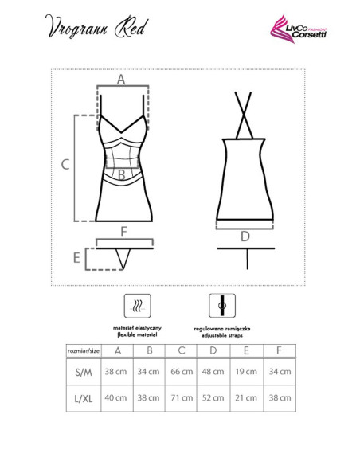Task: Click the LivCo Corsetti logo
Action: [x=299, y=29]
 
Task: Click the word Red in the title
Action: [x=131, y=28]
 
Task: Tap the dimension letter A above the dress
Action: [x=121, y=80]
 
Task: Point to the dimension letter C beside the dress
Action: [x=65, y=164]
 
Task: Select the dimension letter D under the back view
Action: [x=245, y=236]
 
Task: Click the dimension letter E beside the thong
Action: [x=76, y=258]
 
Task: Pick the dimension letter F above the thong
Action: [x=124, y=232]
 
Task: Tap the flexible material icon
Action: [x=137, y=306]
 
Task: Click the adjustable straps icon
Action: [x=222, y=306]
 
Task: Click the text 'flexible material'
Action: [x=137, y=334]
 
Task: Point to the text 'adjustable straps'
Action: [x=222, y=335]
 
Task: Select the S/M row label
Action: [x=84, y=372]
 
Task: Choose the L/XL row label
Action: [x=84, y=398]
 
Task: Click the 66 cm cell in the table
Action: [x=182, y=372]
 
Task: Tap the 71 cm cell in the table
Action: [x=182, y=397]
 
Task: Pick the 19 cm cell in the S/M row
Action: [x=246, y=372]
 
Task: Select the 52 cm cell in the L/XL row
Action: [x=213, y=397]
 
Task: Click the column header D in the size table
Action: [x=213, y=350]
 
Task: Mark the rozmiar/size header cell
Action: [x=84, y=351]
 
